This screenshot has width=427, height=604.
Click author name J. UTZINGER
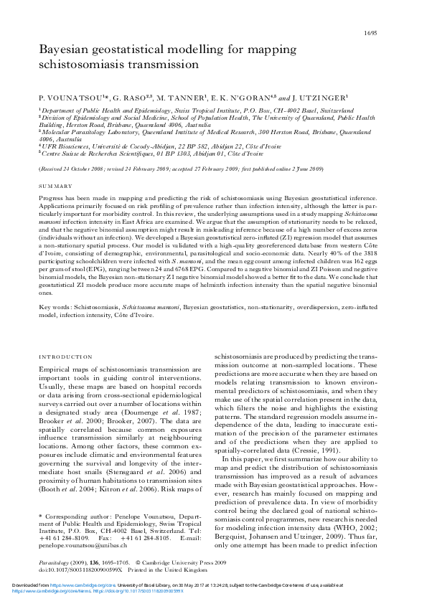click(x=326, y=97)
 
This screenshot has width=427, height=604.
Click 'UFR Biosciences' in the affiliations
click(x=62, y=146)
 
